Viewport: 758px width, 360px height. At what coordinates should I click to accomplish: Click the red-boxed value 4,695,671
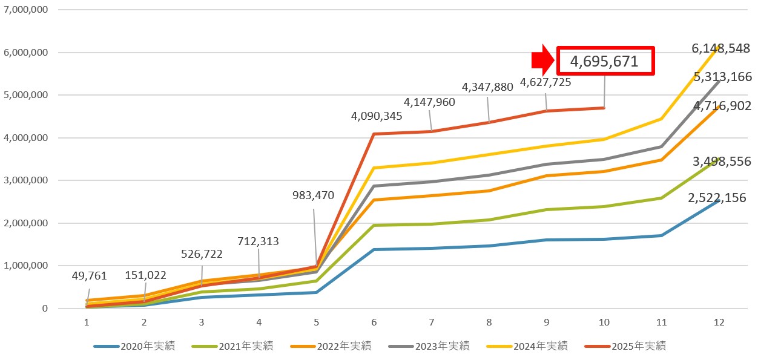coord(604,61)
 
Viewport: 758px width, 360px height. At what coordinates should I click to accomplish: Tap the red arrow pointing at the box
coord(542,60)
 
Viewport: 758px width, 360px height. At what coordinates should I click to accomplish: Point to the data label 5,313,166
coord(723,77)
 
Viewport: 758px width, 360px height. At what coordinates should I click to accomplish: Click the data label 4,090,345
coord(377,116)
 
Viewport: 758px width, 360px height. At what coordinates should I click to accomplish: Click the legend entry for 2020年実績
coord(134,346)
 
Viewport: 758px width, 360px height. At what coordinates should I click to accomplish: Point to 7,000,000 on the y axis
coord(26,10)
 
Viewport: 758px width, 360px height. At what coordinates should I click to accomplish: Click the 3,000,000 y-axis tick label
coord(26,181)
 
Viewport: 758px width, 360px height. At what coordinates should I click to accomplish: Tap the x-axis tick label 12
coord(718,322)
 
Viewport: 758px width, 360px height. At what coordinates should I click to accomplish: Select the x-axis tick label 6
coord(374,322)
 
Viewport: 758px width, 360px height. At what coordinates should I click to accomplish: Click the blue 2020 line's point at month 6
coord(374,249)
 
